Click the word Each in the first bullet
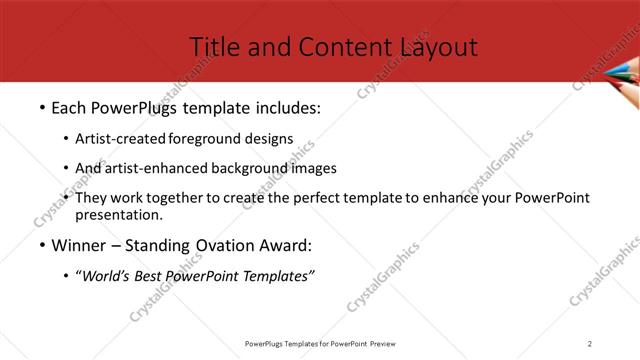coord(69,106)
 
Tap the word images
coord(311,168)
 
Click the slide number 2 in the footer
coord(590,343)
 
